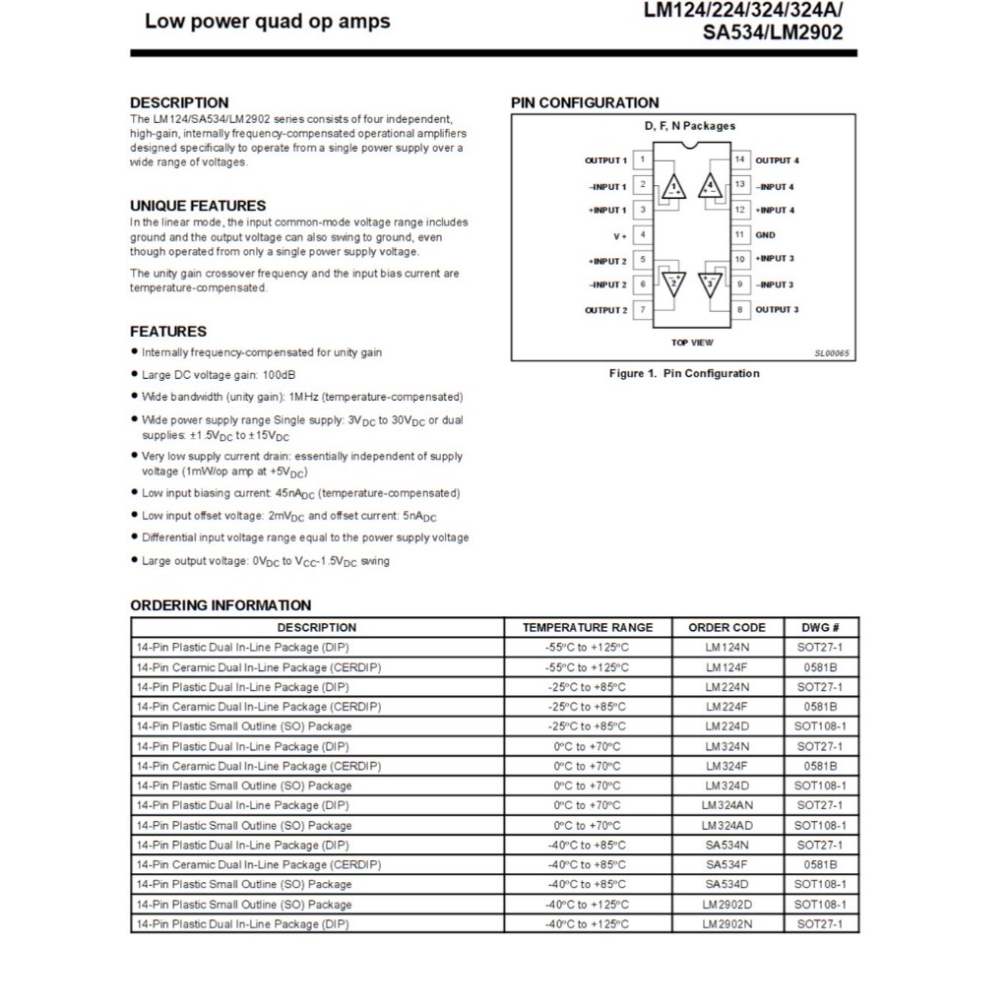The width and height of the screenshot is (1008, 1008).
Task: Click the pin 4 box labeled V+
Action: (642, 235)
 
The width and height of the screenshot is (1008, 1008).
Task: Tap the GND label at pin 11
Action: (765, 235)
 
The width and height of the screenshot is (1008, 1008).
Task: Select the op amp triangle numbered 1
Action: (674, 186)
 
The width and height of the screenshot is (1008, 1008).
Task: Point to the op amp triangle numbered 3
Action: (710, 284)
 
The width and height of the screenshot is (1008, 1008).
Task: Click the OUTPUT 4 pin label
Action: (777, 160)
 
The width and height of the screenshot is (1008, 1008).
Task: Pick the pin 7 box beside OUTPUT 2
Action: (642, 310)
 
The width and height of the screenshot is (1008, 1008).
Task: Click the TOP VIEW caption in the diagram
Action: (692, 343)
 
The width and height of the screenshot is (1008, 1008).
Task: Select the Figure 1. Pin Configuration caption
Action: (684, 374)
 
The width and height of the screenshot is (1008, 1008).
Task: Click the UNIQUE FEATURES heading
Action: (198, 206)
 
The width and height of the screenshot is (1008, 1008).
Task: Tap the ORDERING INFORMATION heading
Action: (220, 605)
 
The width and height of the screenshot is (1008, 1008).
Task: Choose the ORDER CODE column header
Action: (727, 628)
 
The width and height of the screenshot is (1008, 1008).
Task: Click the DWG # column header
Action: (820, 628)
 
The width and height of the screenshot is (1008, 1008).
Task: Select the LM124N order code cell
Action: (727, 648)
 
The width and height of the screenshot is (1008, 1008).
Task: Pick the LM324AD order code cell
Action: (727, 826)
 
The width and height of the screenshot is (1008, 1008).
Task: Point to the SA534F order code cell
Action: (727, 865)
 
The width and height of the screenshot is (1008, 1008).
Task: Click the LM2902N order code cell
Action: (727, 924)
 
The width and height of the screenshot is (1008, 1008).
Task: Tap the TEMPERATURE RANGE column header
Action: (588, 628)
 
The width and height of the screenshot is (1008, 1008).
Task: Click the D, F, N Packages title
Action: (690, 126)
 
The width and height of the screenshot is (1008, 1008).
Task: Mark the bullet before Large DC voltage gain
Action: (135, 375)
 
